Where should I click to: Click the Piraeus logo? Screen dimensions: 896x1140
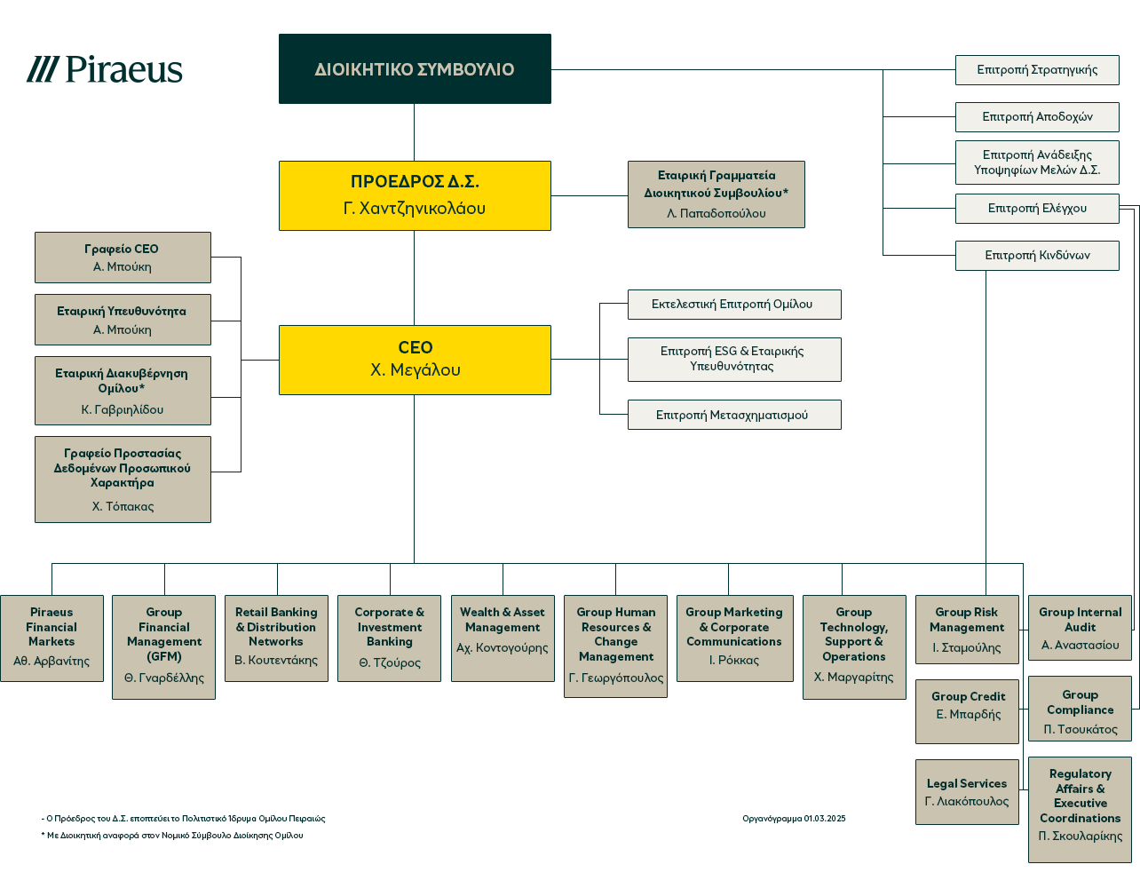click(x=105, y=69)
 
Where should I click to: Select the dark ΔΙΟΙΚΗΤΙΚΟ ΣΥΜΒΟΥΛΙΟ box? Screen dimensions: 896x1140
click(x=415, y=69)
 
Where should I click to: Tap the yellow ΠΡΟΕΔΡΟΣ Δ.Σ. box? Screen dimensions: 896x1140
click(x=415, y=195)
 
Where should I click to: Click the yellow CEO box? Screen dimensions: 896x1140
click(x=415, y=360)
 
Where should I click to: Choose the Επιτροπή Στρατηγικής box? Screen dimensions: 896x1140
click(x=1037, y=70)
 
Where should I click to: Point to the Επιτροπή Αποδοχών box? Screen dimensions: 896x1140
click(x=1037, y=117)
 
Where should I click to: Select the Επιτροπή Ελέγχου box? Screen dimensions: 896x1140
click(x=1037, y=209)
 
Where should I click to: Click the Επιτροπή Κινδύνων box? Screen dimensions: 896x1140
click(x=1037, y=256)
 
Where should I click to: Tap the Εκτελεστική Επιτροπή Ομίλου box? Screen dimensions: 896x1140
click(x=733, y=305)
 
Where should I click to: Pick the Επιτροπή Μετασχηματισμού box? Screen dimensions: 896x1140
click(x=733, y=415)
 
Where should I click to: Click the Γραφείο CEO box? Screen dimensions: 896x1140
click(x=123, y=258)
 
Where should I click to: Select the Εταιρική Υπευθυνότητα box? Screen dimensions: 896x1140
click(x=123, y=320)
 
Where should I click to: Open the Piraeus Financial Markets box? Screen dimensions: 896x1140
click(x=51, y=638)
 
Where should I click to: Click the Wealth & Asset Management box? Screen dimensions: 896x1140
click(x=503, y=638)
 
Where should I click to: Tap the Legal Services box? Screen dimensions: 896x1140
click(x=967, y=792)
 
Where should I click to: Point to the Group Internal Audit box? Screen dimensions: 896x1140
click(x=1080, y=628)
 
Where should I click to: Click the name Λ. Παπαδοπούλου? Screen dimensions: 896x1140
click(x=716, y=214)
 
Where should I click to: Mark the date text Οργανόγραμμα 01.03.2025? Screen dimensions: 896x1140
click(x=794, y=819)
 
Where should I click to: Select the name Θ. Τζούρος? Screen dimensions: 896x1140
click(x=390, y=663)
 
